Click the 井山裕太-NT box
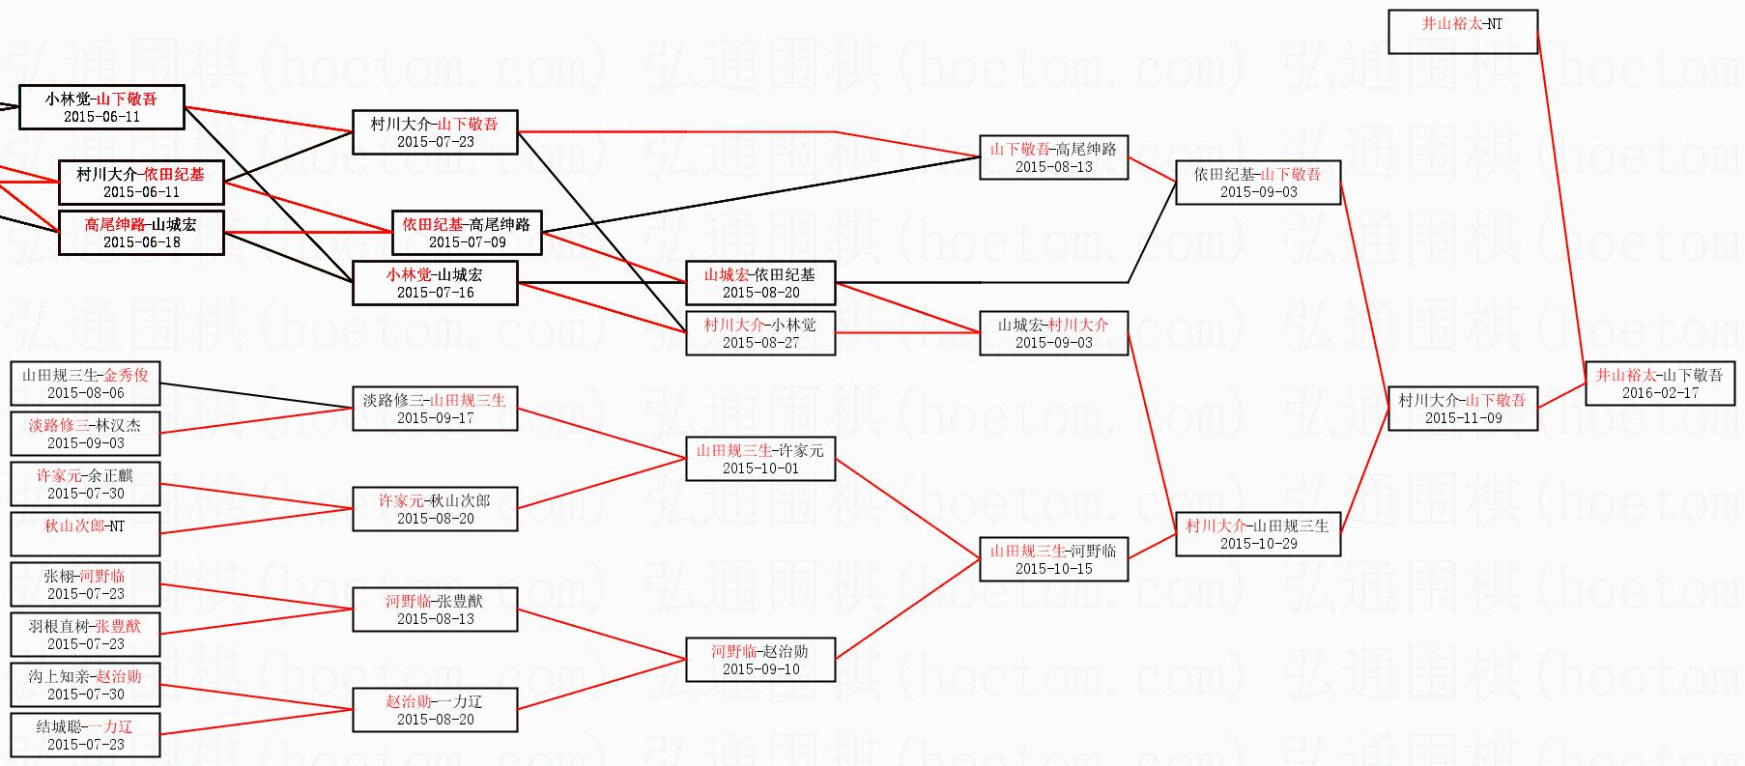coord(1462,32)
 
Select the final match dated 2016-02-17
coord(1659,383)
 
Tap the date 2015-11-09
coord(1463,418)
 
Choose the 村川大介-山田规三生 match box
coord(1257,534)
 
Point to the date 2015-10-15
coord(1053,569)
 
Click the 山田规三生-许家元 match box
coord(760,459)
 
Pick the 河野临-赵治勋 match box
coord(760,660)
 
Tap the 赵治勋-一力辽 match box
coord(435,710)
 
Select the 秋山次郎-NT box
coord(85,533)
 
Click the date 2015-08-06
coord(85,393)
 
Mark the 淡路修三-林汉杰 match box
coord(85,434)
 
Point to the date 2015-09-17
coord(435,418)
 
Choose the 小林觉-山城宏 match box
coord(435,283)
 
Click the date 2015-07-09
coord(467,242)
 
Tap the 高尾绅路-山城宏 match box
coord(141,233)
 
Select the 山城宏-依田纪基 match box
coord(760,283)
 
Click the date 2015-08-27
coord(760,343)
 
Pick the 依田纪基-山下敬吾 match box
coord(1257,183)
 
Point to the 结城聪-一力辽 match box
coord(85,735)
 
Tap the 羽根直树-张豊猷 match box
coord(85,635)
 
